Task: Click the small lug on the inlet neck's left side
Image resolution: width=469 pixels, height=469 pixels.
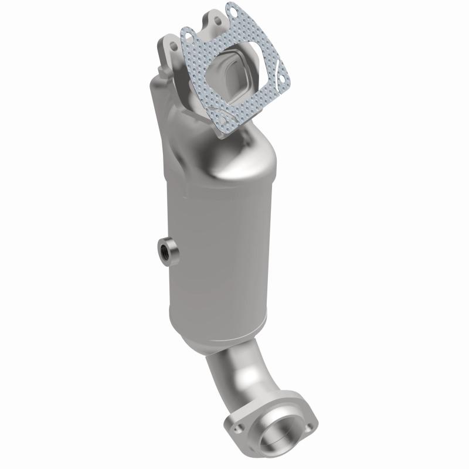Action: click(x=161, y=83)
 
